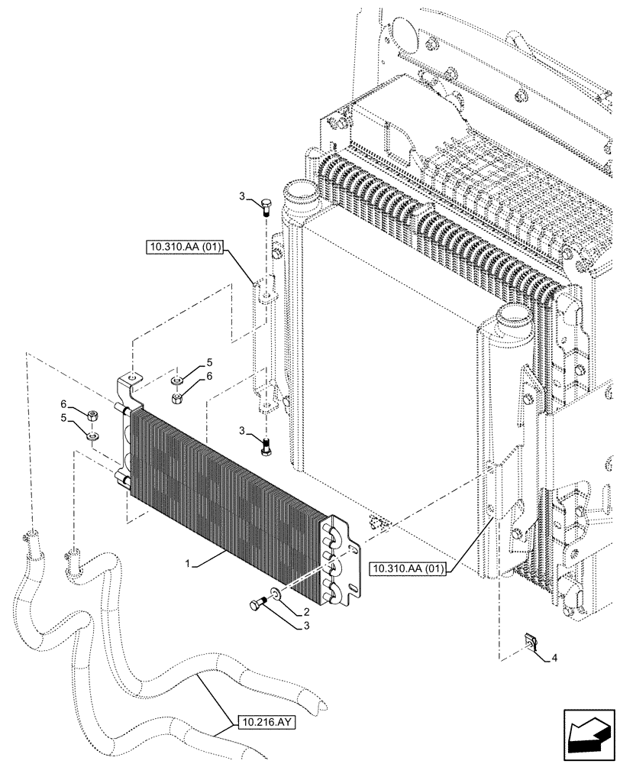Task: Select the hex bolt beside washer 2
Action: pyautogui.click(x=256, y=604)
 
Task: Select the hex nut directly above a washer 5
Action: pyautogui.click(x=91, y=417)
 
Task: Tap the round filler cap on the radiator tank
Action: pyautogui.click(x=299, y=189)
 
